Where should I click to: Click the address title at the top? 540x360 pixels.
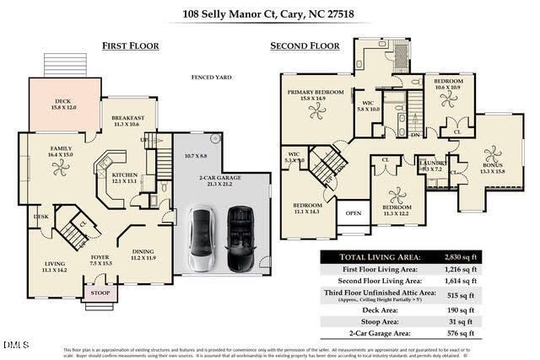pyautogui.click(x=270, y=13)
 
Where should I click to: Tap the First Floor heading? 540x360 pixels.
pyautogui.click(x=131, y=46)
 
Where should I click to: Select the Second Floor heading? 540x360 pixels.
pyautogui.click(x=305, y=46)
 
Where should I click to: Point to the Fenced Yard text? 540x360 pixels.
pyautogui.click(x=211, y=78)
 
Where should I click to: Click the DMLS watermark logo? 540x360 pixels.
pyautogui.click(x=14, y=345)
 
